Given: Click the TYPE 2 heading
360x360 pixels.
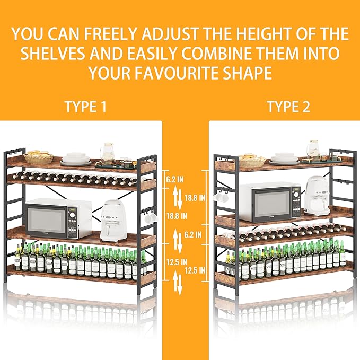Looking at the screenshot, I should click(x=288, y=107).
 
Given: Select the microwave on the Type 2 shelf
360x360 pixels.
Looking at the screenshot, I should click(x=270, y=202).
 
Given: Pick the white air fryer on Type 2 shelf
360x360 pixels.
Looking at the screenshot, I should click(x=317, y=196).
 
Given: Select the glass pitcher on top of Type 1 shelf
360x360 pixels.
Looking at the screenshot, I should click(x=108, y=152).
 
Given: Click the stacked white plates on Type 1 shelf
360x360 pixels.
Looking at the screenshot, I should click(x=77, y=158).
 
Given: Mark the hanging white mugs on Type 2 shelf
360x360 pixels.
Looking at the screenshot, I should click(x=221, y=196).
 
